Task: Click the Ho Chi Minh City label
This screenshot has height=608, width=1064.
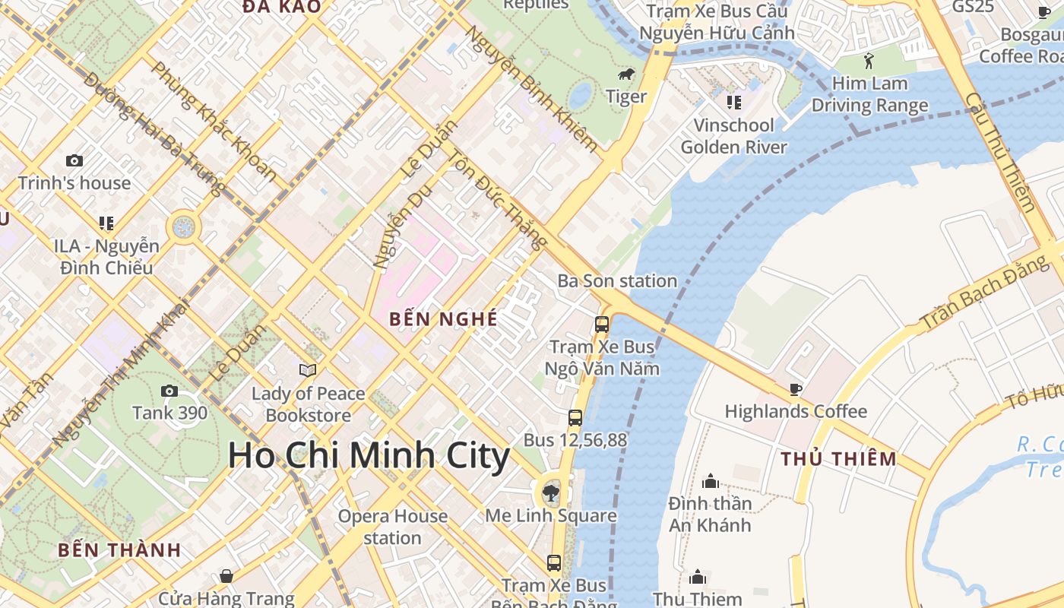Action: (x=369, y=456)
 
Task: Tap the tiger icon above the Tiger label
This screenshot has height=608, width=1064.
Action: (x=627, y=74)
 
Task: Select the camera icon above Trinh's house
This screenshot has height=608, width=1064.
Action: (x=74, y=160)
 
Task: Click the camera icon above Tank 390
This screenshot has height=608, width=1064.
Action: (x=169, y=391)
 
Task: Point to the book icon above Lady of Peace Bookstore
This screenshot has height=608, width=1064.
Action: (x=308, y=370)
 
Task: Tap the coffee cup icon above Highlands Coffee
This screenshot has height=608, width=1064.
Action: (x=796, y=389)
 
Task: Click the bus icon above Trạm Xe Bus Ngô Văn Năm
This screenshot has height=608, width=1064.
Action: (x=602, y=325)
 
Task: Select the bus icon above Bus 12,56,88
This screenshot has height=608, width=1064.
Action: (x=575, y=417)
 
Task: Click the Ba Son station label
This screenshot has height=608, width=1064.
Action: (x=617, y=281)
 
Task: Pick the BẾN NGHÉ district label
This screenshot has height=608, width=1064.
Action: (x=443, y=319)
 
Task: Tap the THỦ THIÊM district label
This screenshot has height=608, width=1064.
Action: (x=839, y=459)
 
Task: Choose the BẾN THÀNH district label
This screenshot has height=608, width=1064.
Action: (x=119, y=550)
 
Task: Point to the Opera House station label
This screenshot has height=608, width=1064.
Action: (x=392, y=527)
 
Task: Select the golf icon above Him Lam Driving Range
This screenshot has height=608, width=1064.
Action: (x=869, y=61)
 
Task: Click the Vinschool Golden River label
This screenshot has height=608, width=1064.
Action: (x=733, y=136)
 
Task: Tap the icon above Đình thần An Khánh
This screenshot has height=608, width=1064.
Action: (x=711, y=481)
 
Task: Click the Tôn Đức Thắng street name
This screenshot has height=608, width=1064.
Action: (x=498, y=200)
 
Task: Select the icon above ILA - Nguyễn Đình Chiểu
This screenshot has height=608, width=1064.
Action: (x=106, y=223)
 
